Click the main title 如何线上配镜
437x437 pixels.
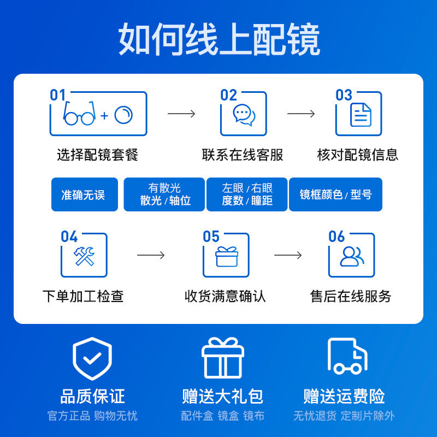tap(219, 39)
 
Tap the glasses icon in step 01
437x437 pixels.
tap(79, 114)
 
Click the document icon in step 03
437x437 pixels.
tap(361, 115)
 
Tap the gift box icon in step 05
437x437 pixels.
tap(227, 256)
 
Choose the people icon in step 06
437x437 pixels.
tap(352, 256)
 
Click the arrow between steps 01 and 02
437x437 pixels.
tap(181, 114)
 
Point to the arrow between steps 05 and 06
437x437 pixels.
tap(288, 255)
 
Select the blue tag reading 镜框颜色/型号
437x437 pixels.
tap(335, 194)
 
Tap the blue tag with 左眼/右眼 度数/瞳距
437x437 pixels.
tap(247, 194)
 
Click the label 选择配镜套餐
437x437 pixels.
tap(98, 155)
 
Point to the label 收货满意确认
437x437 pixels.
tap(225, 296)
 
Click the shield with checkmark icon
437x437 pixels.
tap(92, 359)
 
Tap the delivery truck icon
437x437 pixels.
tap(347, 356)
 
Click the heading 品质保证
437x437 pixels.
tap(92, 395)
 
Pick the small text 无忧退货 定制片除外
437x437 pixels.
tap(344, 416)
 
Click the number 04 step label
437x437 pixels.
tap(69, 237)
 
